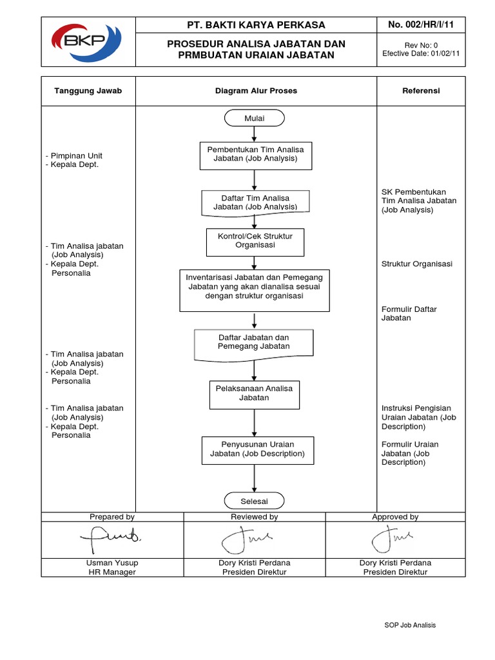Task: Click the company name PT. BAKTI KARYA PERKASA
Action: coord(256,25)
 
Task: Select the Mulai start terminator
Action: coord(255,119)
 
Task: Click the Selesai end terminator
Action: coord(255,501)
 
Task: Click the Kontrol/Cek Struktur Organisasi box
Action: coord(255,241)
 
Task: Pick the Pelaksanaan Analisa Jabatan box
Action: coord(255,394)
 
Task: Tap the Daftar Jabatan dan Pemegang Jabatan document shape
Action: coord(254,342)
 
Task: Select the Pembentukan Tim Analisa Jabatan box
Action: coord(255,155)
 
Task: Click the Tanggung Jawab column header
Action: coord(88,91)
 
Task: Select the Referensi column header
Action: coord(421,91)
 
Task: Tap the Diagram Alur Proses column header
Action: coord(256,91)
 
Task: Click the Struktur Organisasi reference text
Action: coord(416,264)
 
